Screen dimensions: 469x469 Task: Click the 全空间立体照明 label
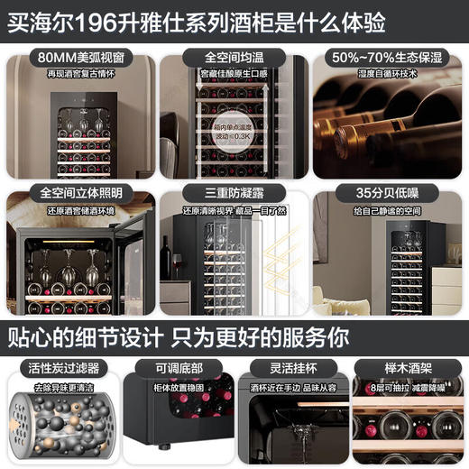pos(80,193)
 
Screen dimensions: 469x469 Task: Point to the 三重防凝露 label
pos(234,193)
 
